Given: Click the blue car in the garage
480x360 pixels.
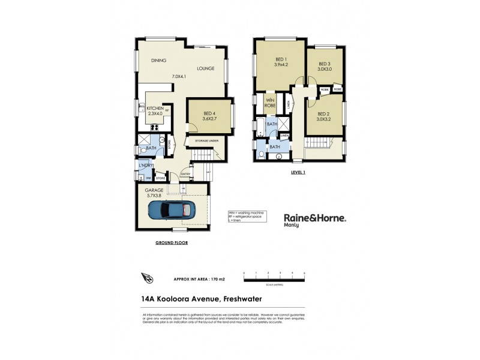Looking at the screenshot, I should tap(171, 211).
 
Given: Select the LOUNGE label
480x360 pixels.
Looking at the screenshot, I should tap(205, 68).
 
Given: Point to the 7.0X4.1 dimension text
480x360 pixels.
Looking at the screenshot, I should tap(179, 76).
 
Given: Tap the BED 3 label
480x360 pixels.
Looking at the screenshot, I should tap(324, 64).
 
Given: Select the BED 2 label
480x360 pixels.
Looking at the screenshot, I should tap(323, 114).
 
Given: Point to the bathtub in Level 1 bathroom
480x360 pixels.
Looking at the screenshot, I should tap(260, 128).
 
